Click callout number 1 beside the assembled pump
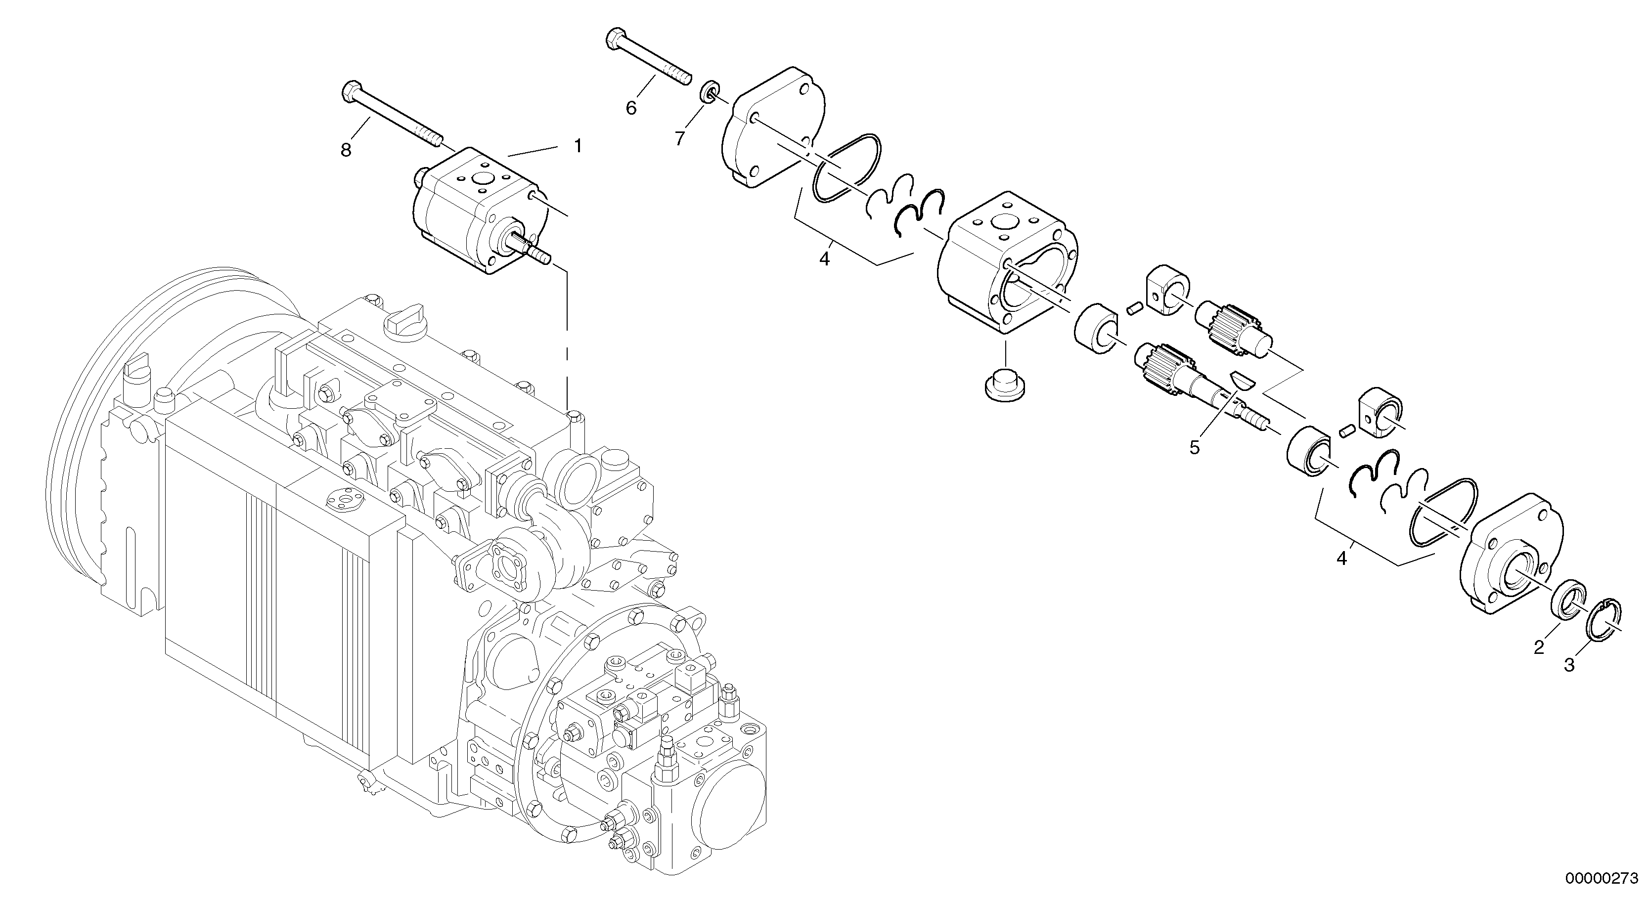578,146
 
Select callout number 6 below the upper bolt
631,109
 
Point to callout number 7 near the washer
680,137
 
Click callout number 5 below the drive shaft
1195,448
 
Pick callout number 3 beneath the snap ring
1569,666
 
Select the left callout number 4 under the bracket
825,260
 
